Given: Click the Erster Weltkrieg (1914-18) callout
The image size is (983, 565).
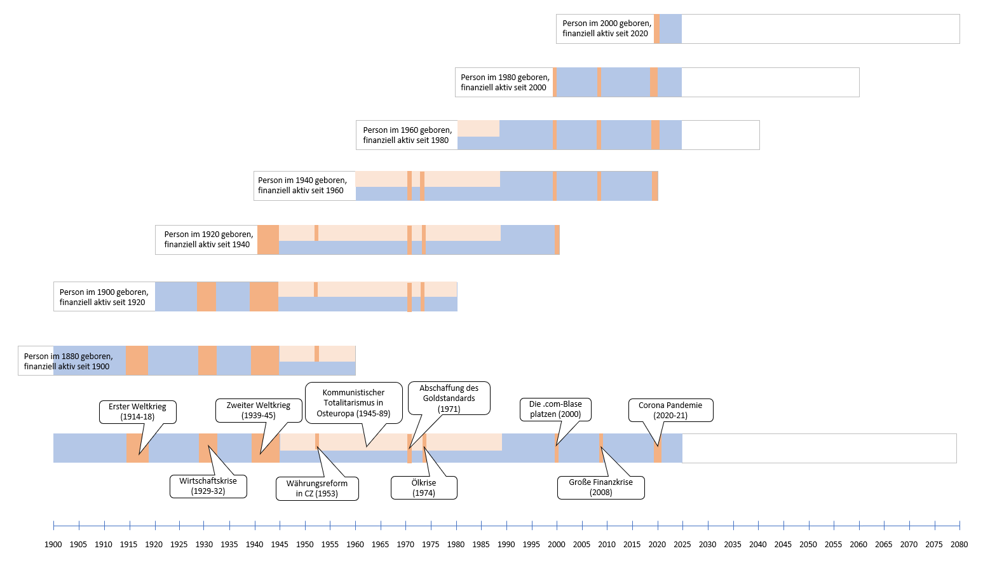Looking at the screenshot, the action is pyautogui.click(x=138, y=412).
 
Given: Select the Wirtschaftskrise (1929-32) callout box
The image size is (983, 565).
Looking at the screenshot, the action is pyautogui.click(x=208, y=486).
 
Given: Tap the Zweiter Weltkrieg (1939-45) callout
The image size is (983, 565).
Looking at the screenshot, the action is pyautogui.click(x=259, y=411).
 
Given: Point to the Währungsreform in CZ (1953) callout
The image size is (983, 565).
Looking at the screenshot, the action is pyautogui.click(x=317, y=489).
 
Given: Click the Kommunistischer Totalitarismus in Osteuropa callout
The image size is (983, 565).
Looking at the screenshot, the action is pyautogui.click(x=354, y=402).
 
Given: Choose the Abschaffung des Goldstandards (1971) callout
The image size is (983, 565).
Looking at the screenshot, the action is pyautogui.click(x=449, y=398).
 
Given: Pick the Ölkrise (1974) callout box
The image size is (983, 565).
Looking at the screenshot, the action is pyautogui.click(x=424, y=487).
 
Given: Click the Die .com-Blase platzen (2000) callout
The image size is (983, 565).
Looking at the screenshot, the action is pyautogui.click(x=555, y=409).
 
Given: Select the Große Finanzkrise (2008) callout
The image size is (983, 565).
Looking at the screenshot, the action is pyautogui.click(x=600, y=487).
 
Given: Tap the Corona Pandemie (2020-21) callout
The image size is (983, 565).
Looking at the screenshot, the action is pyautogui.click(x=670, y=410).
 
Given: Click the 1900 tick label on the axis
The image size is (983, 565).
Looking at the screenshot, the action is pyautogui.click(x=53, y=545).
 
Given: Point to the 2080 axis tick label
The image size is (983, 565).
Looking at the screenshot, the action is pyautogui.click(x=959, y=545).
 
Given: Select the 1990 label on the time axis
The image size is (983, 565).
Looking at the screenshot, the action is pyautogui.click(x=506, y=545).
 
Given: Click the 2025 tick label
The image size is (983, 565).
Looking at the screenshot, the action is pyautogui.click(x=682, y=545).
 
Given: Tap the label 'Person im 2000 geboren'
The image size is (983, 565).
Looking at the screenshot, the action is pyautogui.click(x=607, y=24).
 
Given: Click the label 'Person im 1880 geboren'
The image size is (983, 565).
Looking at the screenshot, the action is pyautogui.click(x=69, y=356).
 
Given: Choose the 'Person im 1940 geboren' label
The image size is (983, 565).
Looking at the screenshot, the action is pyautogui.click(x=302, y=180).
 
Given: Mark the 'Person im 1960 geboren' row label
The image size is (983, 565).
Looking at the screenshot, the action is pyautogui.click(x=407, y=130).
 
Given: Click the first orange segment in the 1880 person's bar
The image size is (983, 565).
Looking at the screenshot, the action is pyautogui.click(x=137, y=360).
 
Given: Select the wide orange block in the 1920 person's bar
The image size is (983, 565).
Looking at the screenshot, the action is pyautogui.click(x=268, y=240).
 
